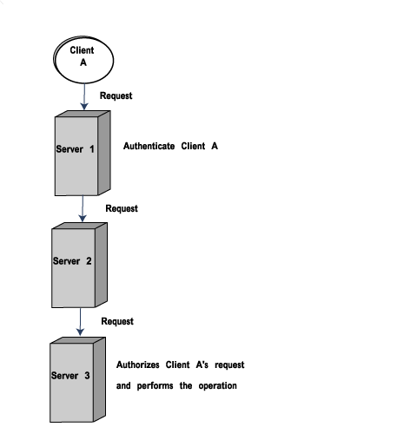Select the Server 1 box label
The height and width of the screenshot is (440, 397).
click(75, 149)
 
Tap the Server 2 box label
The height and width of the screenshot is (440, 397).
click(72, 261)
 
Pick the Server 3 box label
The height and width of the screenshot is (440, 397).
click(70, 376)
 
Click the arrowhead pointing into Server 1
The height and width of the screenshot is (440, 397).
click(84, 107)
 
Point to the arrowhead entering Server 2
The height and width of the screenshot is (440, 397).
click(83, 219)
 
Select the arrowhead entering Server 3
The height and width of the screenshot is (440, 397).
click(80, 332)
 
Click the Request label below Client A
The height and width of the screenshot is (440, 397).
click(116, 96)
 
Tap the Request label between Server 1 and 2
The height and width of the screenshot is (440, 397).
click(122, 208)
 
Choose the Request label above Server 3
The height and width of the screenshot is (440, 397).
click(117, 321)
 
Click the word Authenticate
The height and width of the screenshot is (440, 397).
click(149, 146)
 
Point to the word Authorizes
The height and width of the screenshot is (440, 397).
click(138, 364)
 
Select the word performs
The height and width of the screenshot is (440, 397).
click(155, 386)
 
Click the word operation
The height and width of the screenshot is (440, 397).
click(218, 386)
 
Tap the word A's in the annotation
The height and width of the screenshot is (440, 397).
click(202, 364)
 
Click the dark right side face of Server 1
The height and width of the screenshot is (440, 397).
click(104, 153)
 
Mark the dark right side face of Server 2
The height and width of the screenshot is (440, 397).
click(101, 265)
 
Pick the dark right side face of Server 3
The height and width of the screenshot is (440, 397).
click(99, 379)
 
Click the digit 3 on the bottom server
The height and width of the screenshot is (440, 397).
click(87, 376)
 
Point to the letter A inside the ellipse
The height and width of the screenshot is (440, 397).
click(83, 62)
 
